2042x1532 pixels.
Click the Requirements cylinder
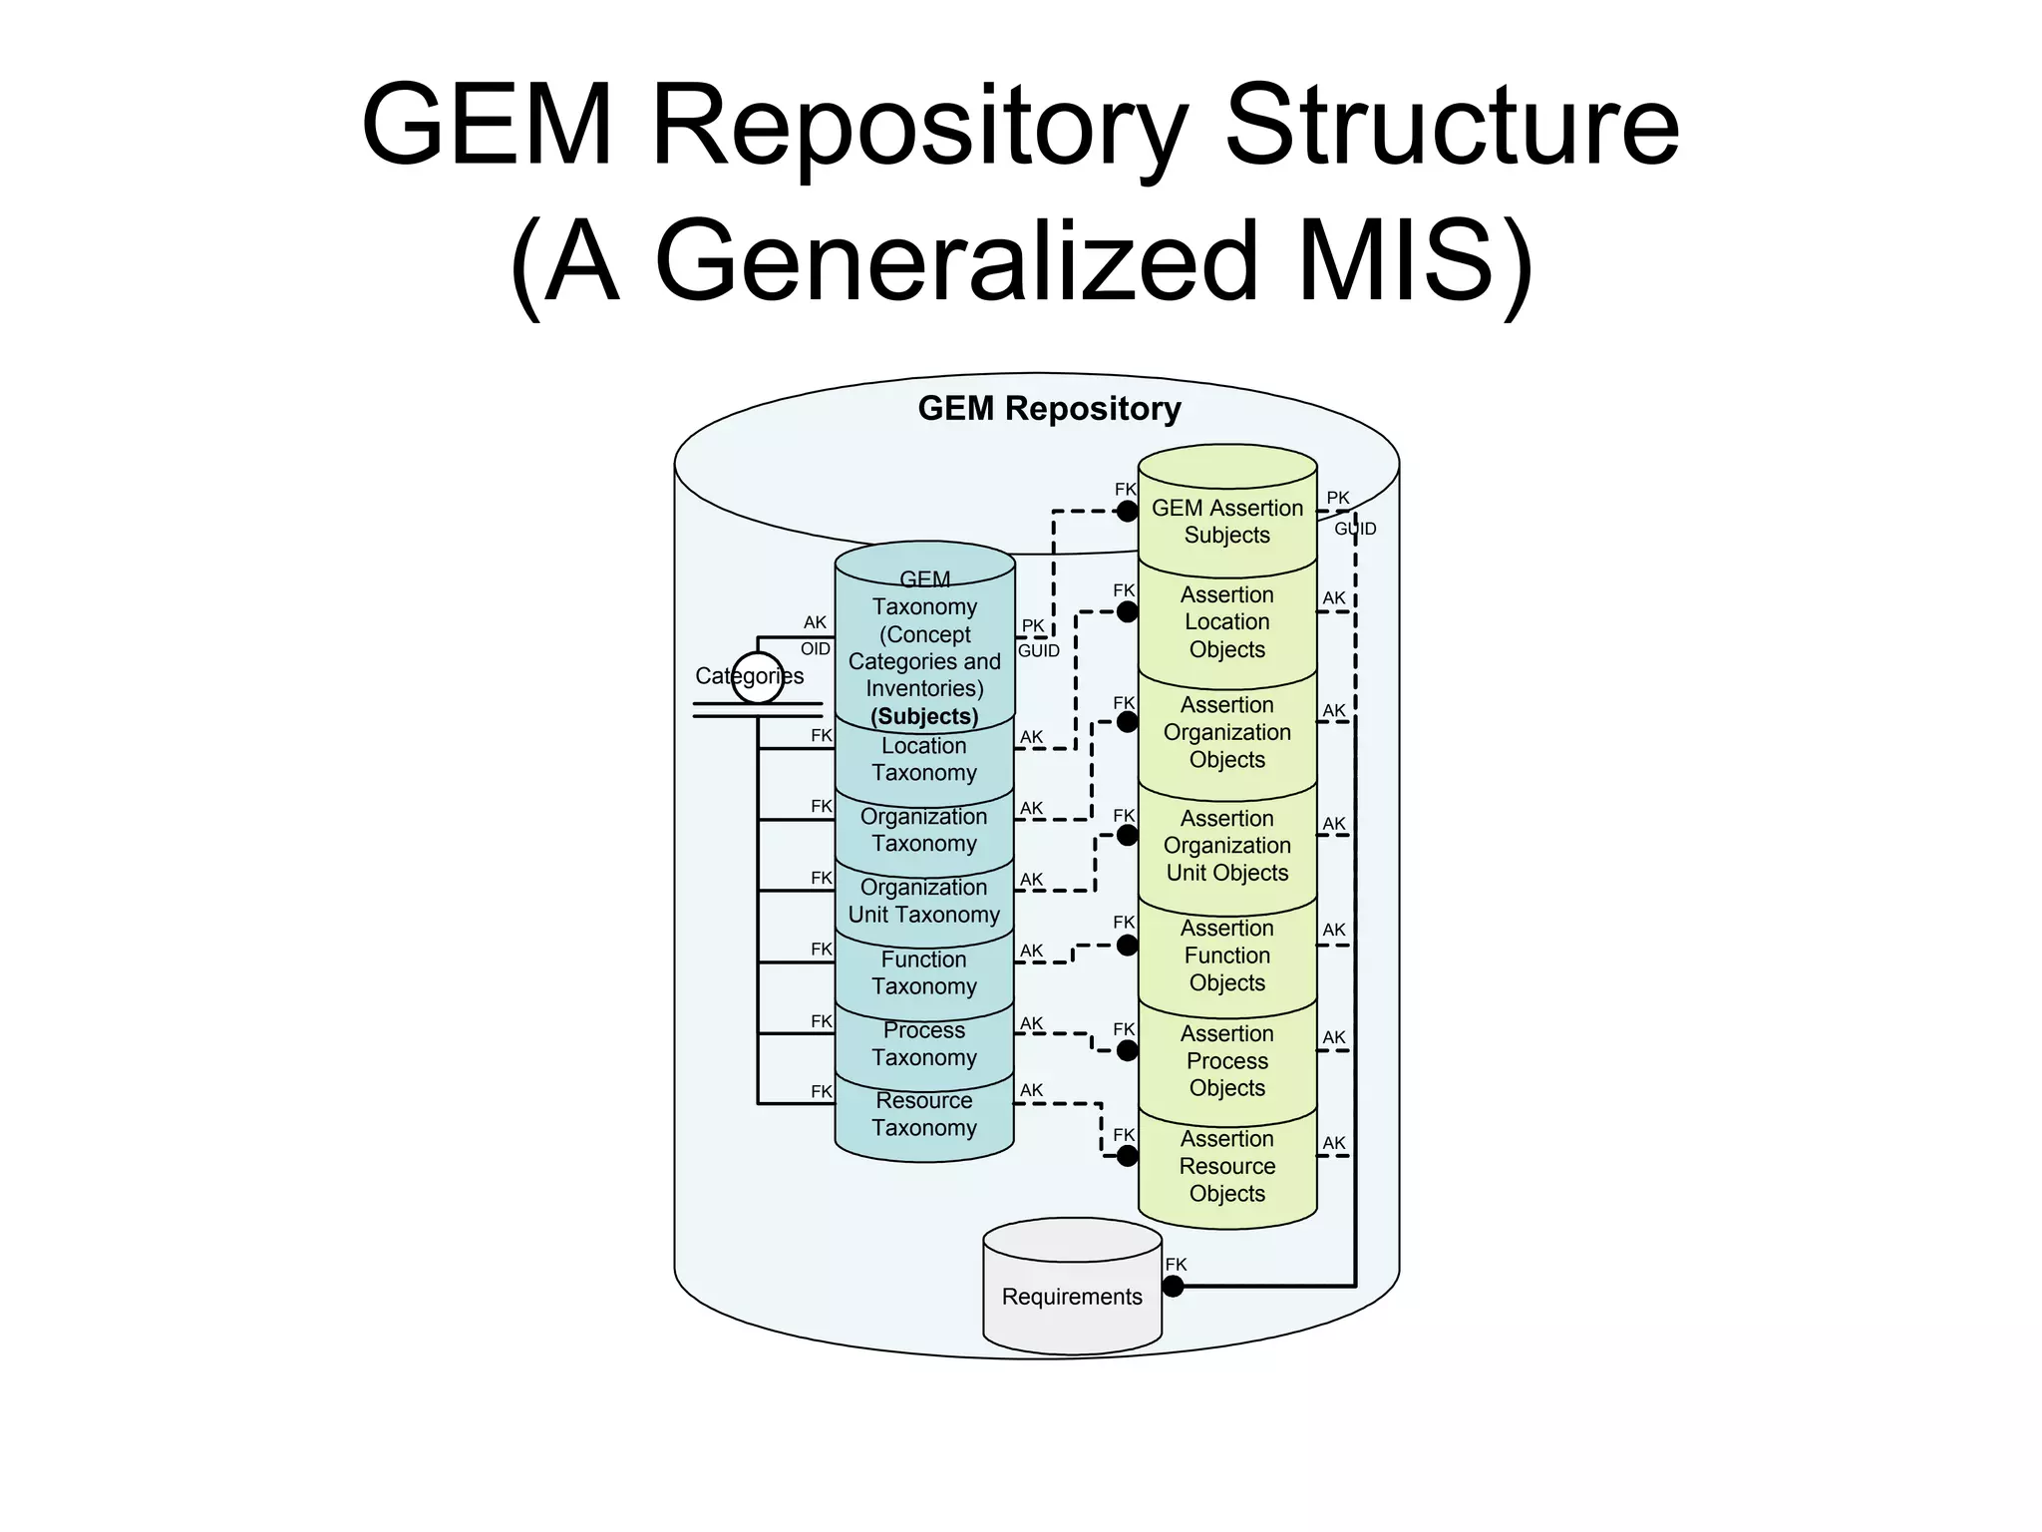coord(1072,1296)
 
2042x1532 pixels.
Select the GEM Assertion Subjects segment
coord(1226,521)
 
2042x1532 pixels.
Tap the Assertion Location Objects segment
coord(1226,621)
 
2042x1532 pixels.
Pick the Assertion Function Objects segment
coord(1226,955)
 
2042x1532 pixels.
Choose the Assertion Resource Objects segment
coord(1226,1166)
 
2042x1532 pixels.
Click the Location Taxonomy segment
coord(923,759)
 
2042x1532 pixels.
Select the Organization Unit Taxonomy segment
coord(923,901)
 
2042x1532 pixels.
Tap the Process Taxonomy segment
coord(923,1043)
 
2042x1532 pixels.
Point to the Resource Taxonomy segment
coord(923,1114)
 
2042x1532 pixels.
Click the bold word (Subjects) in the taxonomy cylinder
coord(924,716)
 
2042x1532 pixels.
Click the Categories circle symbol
coord(758,677)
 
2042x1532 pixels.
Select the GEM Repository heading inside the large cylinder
coord(1049,408)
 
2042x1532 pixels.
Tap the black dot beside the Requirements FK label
coord(1174,1287)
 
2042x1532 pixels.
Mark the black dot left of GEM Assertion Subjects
coord(1127,512)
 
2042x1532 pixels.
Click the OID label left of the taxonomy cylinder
coord(815,648)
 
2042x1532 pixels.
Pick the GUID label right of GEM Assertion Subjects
coord(1355,529)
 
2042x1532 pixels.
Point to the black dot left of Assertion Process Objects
coord(1127,1050)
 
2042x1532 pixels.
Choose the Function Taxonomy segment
coord(923,972)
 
